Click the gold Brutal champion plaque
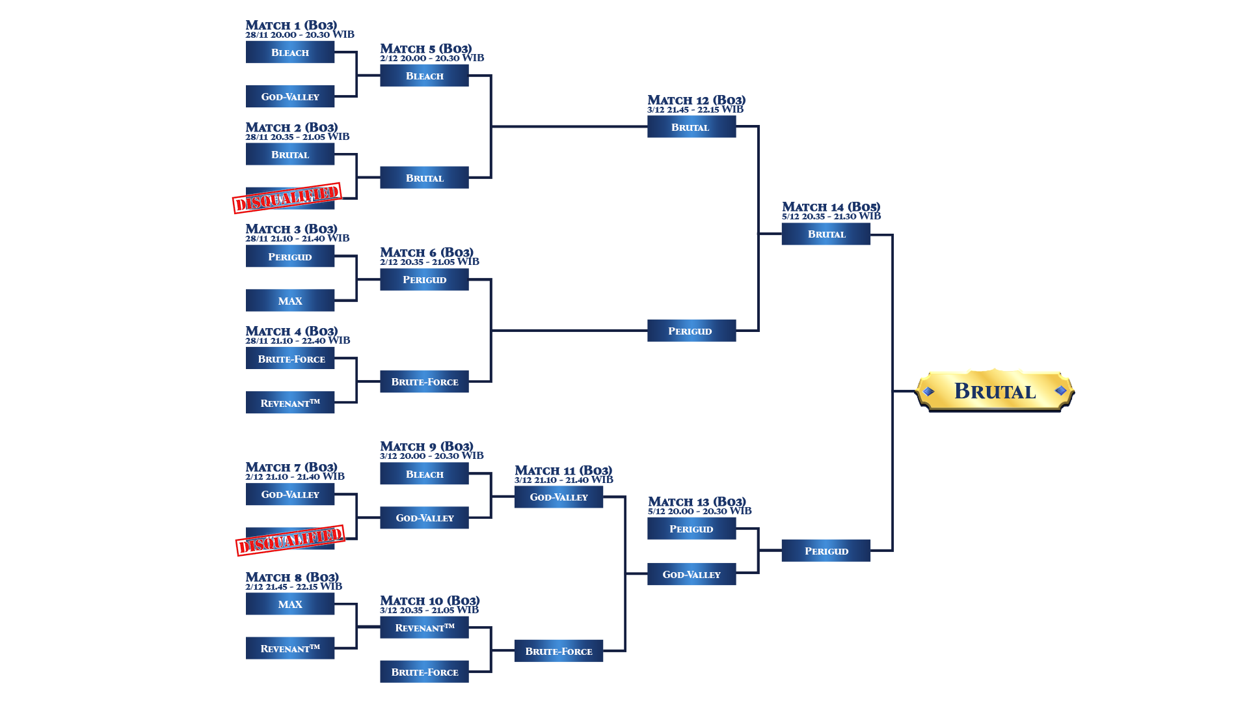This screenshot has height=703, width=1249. tap(995, 391)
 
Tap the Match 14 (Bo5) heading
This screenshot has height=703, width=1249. tap(831, 207)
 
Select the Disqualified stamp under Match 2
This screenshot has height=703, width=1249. tap(287, 198)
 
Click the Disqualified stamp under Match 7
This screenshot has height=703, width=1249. tap(290, 540)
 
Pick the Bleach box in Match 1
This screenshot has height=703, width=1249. tap(290, 52)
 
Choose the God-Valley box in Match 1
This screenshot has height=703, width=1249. tap(290, 96)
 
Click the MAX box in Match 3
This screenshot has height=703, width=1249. tap(290, 301)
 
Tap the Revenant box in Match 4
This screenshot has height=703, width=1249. tap(290, 403)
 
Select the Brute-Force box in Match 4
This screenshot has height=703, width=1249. tap(290, 359)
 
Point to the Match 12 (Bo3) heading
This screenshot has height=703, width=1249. tap(696, 100)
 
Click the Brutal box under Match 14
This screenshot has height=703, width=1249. tap(826, 234)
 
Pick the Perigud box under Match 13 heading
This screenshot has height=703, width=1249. tap(692, 529)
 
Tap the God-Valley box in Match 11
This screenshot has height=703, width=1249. tap(559, 497)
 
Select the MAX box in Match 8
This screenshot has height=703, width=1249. tap(290, 604)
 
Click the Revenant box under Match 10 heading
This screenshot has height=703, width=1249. tap(424, 627)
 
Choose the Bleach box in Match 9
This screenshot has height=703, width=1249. tap(424, 474)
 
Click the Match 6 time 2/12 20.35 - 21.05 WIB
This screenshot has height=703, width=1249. tap(429, 262)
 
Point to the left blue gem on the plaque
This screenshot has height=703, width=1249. tap(929, 391)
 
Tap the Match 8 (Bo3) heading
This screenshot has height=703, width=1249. tap(292, 577)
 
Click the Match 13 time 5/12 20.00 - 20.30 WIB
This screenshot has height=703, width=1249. tap(699, 511)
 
